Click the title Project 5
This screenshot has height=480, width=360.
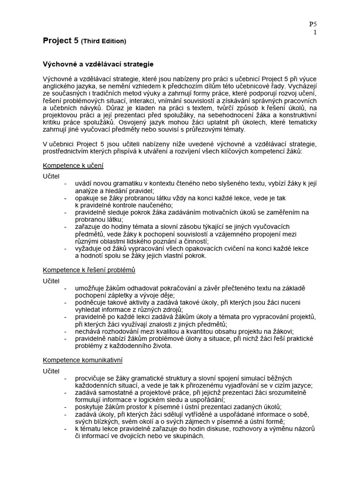[x=60, y=41]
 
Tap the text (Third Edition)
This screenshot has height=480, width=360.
[x=104, y=41]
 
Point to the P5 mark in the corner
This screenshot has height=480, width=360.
[x=313, y=24]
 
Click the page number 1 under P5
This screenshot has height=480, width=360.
[x=315, y=32]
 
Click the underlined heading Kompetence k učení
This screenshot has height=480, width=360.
[x=73, y=165]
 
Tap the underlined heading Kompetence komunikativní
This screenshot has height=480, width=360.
[x=82, y=360]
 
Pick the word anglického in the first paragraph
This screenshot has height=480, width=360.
[x=59, y=86]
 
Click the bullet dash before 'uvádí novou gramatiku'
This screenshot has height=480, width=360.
[x=65, y=184]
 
